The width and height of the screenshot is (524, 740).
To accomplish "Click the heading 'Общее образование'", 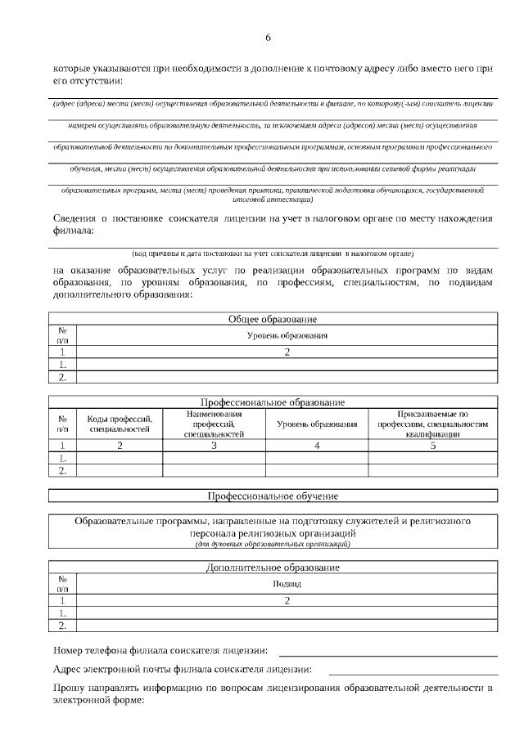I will (x=273, y=319).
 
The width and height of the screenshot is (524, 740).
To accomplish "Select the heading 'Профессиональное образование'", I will (x=273, y=402).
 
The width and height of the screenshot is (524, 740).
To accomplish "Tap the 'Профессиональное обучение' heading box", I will (x=273, y=496).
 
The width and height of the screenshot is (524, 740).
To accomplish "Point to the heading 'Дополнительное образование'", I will (x=273, y=567).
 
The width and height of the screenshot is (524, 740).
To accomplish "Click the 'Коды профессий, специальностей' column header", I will (x=120, y=424).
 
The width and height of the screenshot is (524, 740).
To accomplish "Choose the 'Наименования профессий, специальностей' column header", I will (x=214, y=424).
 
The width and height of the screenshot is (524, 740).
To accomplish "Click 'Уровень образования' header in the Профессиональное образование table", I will (x=317, y=424).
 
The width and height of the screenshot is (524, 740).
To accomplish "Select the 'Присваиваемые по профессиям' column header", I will (x=432, y=424).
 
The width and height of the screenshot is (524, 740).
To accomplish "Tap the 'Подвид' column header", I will (x=287, y=584).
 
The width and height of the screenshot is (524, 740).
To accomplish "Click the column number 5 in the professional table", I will (x=432, y=446).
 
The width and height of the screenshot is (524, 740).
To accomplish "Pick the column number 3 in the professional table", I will (x=214, y=446).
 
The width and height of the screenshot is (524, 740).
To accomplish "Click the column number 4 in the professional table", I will (x=317, y=446).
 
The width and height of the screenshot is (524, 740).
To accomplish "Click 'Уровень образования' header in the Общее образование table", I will (x=287, y=335).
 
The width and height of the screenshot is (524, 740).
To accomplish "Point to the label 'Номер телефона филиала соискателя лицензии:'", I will (x=160, y=651).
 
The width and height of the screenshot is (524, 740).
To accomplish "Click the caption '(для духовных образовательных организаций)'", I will (x=273, y=543).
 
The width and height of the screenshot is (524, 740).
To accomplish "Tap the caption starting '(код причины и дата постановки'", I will (x=273, y=253).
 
